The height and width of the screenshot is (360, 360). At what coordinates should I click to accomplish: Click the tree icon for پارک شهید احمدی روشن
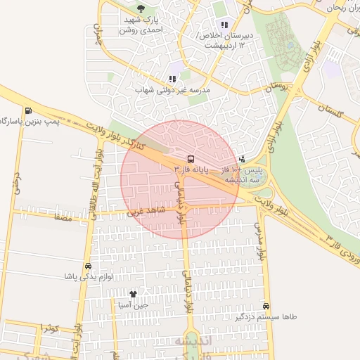coord(141,8)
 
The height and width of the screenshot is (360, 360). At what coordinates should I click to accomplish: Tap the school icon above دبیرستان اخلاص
coord(224,25)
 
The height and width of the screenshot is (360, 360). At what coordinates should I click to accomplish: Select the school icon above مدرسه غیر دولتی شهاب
coord(172,79)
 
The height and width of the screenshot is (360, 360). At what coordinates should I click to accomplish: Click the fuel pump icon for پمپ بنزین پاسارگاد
coord(27,110)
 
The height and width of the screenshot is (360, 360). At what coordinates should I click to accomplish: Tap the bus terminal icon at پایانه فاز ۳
coord(191,158)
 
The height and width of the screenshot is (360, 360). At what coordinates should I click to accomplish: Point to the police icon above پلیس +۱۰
coord(243,159)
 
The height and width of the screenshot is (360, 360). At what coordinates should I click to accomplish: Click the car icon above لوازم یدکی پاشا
coord(88,266)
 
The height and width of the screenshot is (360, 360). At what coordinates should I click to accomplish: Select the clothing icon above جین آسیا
coord(133,293)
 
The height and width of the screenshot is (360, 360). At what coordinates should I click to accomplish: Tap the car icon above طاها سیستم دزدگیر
coord(266,306)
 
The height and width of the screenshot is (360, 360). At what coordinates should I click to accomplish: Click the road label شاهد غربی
coord(143,210)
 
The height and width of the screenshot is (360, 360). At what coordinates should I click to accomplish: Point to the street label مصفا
coord(57,219)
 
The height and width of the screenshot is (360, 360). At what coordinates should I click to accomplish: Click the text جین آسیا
coord(133,305)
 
